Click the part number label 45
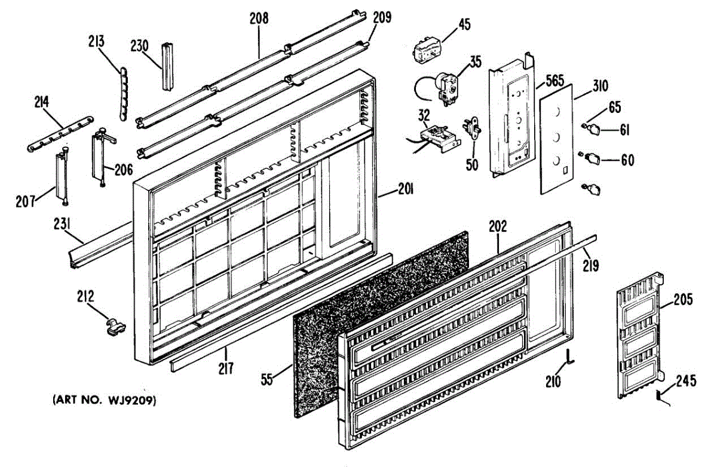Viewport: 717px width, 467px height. [464, 25]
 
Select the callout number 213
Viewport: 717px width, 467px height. [96, 42]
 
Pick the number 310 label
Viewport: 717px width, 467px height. [599, 86]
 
